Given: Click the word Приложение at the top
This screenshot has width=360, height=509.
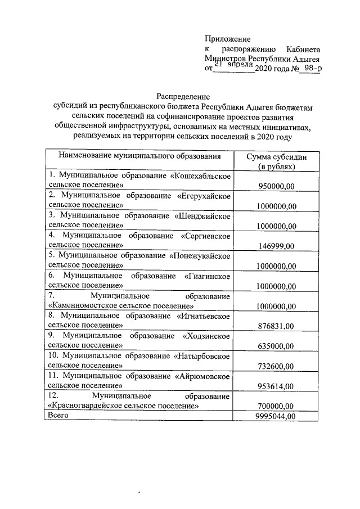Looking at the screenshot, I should coord(227,38).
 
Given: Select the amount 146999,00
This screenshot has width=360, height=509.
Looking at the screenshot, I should coord(276,246).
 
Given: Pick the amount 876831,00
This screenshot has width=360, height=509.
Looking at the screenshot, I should coord(276,326).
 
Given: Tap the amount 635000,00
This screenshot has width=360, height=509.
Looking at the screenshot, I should coord(276,346).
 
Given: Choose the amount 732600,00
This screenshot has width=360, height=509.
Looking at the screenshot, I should coord(276,366).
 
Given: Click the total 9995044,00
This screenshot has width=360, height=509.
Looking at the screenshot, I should coord(274,416).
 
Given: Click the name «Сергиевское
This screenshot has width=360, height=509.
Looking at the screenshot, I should coord(205,235).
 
